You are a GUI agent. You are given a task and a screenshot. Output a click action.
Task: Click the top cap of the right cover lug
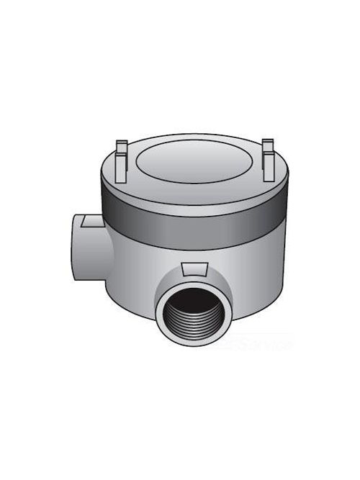tap(268, 142)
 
